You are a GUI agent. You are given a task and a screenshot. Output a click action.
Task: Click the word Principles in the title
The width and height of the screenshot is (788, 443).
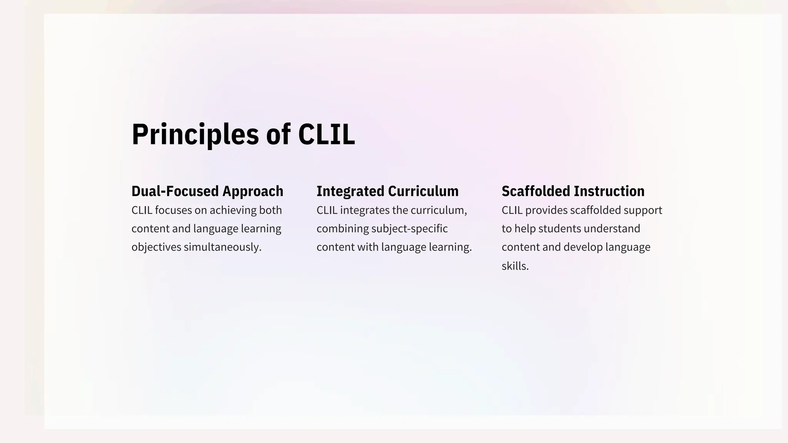point(195,134)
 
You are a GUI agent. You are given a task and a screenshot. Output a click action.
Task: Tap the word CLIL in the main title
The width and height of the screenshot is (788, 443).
point(326,134)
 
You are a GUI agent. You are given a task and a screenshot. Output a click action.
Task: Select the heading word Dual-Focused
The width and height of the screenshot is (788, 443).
point(175,191)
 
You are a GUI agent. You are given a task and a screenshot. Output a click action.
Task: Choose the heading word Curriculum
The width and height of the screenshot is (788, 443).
point(423,191)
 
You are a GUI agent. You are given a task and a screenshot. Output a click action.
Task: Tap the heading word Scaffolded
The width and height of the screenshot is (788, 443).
point(535,191)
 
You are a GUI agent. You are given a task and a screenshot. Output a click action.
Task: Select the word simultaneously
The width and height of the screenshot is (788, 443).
point(222,247)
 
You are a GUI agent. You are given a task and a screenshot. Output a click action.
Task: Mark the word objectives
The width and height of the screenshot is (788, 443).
point(156,247)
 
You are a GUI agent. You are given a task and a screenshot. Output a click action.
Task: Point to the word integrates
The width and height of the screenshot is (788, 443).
point(365,210)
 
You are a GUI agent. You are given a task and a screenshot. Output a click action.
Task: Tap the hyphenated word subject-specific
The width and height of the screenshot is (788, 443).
point(409,229)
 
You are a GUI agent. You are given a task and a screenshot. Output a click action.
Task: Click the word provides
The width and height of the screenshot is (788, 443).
point(546,210)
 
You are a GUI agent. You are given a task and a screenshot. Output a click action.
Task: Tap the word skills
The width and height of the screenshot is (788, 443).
point(515,266)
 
